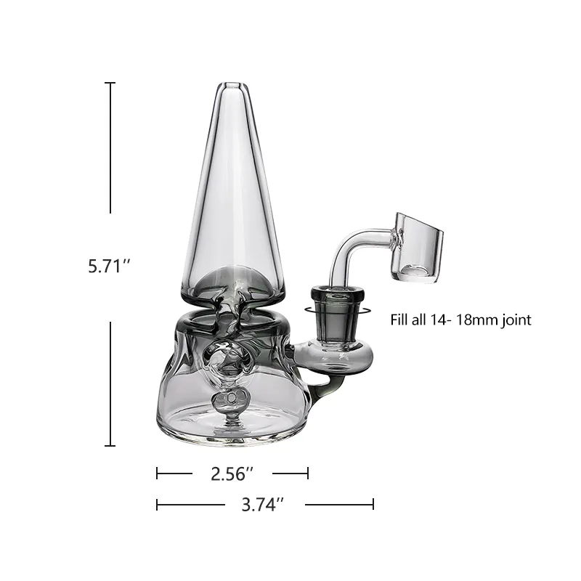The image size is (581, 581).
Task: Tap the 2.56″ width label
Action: pyautogui.click(x=232, y=474)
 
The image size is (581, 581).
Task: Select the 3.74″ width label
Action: pyautogui.click(x=262, y=504)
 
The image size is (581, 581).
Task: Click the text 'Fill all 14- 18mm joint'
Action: pyautogui.click(x=460, y=320)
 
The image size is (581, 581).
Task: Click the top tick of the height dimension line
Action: pyautogui.click(x=110, y=84)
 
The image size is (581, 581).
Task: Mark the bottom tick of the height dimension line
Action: pyautogui.click(x=110, y=445)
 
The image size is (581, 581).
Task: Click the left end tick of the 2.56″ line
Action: pyautogui.click(x=158, y=474)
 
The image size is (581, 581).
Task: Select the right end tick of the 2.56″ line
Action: pyautogui.click(x=308, y=474)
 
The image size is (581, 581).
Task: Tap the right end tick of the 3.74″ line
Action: pyautogui.click(x=373, y=504)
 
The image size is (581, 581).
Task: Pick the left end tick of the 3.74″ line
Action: pyautogui.click(x=158, y=504)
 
